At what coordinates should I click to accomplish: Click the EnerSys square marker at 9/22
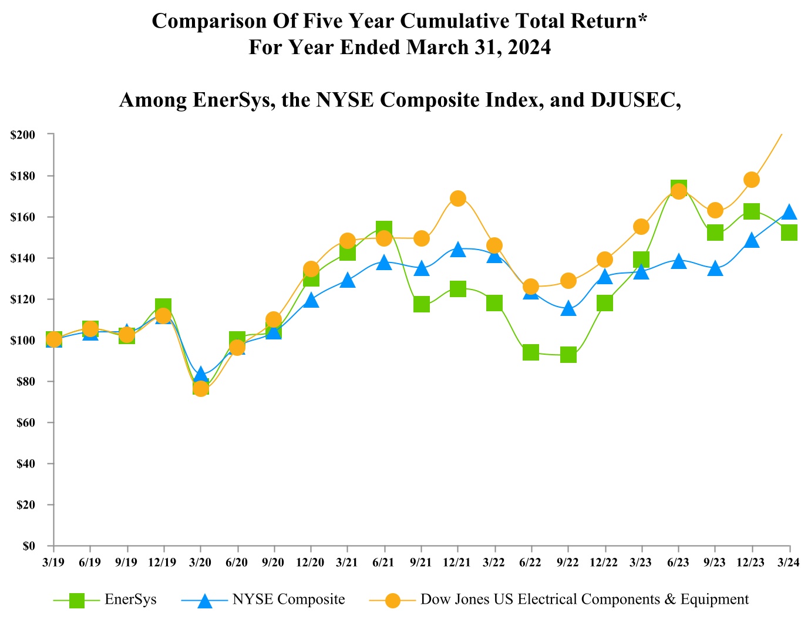tap(568, 355)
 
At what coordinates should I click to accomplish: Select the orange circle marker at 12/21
tap(458, 198)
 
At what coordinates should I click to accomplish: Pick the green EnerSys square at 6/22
tap(531, 352)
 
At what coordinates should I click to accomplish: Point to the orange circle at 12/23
tap(752, 180)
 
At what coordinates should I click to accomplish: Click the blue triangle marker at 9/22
tap(568, 308)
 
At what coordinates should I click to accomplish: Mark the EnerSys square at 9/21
tap(421, 304)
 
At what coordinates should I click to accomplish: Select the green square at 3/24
tap(789, 233)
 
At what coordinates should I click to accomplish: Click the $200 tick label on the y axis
tap(23, 134)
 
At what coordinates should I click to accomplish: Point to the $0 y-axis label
tap(29, 546)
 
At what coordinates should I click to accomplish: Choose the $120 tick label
tap(23, 299)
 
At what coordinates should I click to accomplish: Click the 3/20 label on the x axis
tap(200, 563)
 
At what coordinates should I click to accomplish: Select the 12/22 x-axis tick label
tap(604, 563)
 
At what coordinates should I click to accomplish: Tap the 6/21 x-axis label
tap(383, 563)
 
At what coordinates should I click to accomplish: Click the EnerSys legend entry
tap(130, 600)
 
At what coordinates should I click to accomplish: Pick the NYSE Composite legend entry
tap(288, 600)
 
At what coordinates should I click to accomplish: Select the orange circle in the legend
tap(392, 600)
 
